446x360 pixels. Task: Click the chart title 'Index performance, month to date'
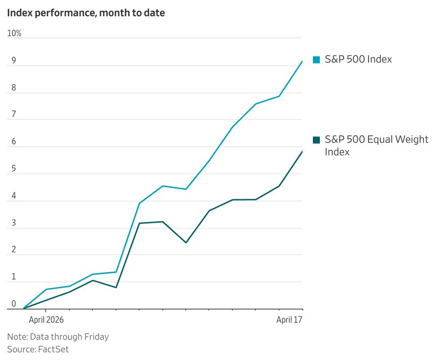86,13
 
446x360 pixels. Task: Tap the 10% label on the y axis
15,33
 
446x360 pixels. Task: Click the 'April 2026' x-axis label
46,320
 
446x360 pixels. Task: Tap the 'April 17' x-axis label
289,320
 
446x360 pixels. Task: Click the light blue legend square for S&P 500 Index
316,60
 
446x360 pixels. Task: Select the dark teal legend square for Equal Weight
316,140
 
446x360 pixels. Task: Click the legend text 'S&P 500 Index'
358,59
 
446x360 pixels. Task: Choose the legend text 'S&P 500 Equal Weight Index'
377,146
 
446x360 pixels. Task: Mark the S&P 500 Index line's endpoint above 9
302,61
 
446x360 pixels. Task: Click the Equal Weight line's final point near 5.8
302,152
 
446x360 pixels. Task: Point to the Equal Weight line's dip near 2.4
186,243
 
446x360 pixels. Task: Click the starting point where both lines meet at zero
23,309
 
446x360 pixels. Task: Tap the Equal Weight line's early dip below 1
116,287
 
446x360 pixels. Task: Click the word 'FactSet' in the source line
53,349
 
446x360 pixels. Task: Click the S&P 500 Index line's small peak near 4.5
163,186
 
